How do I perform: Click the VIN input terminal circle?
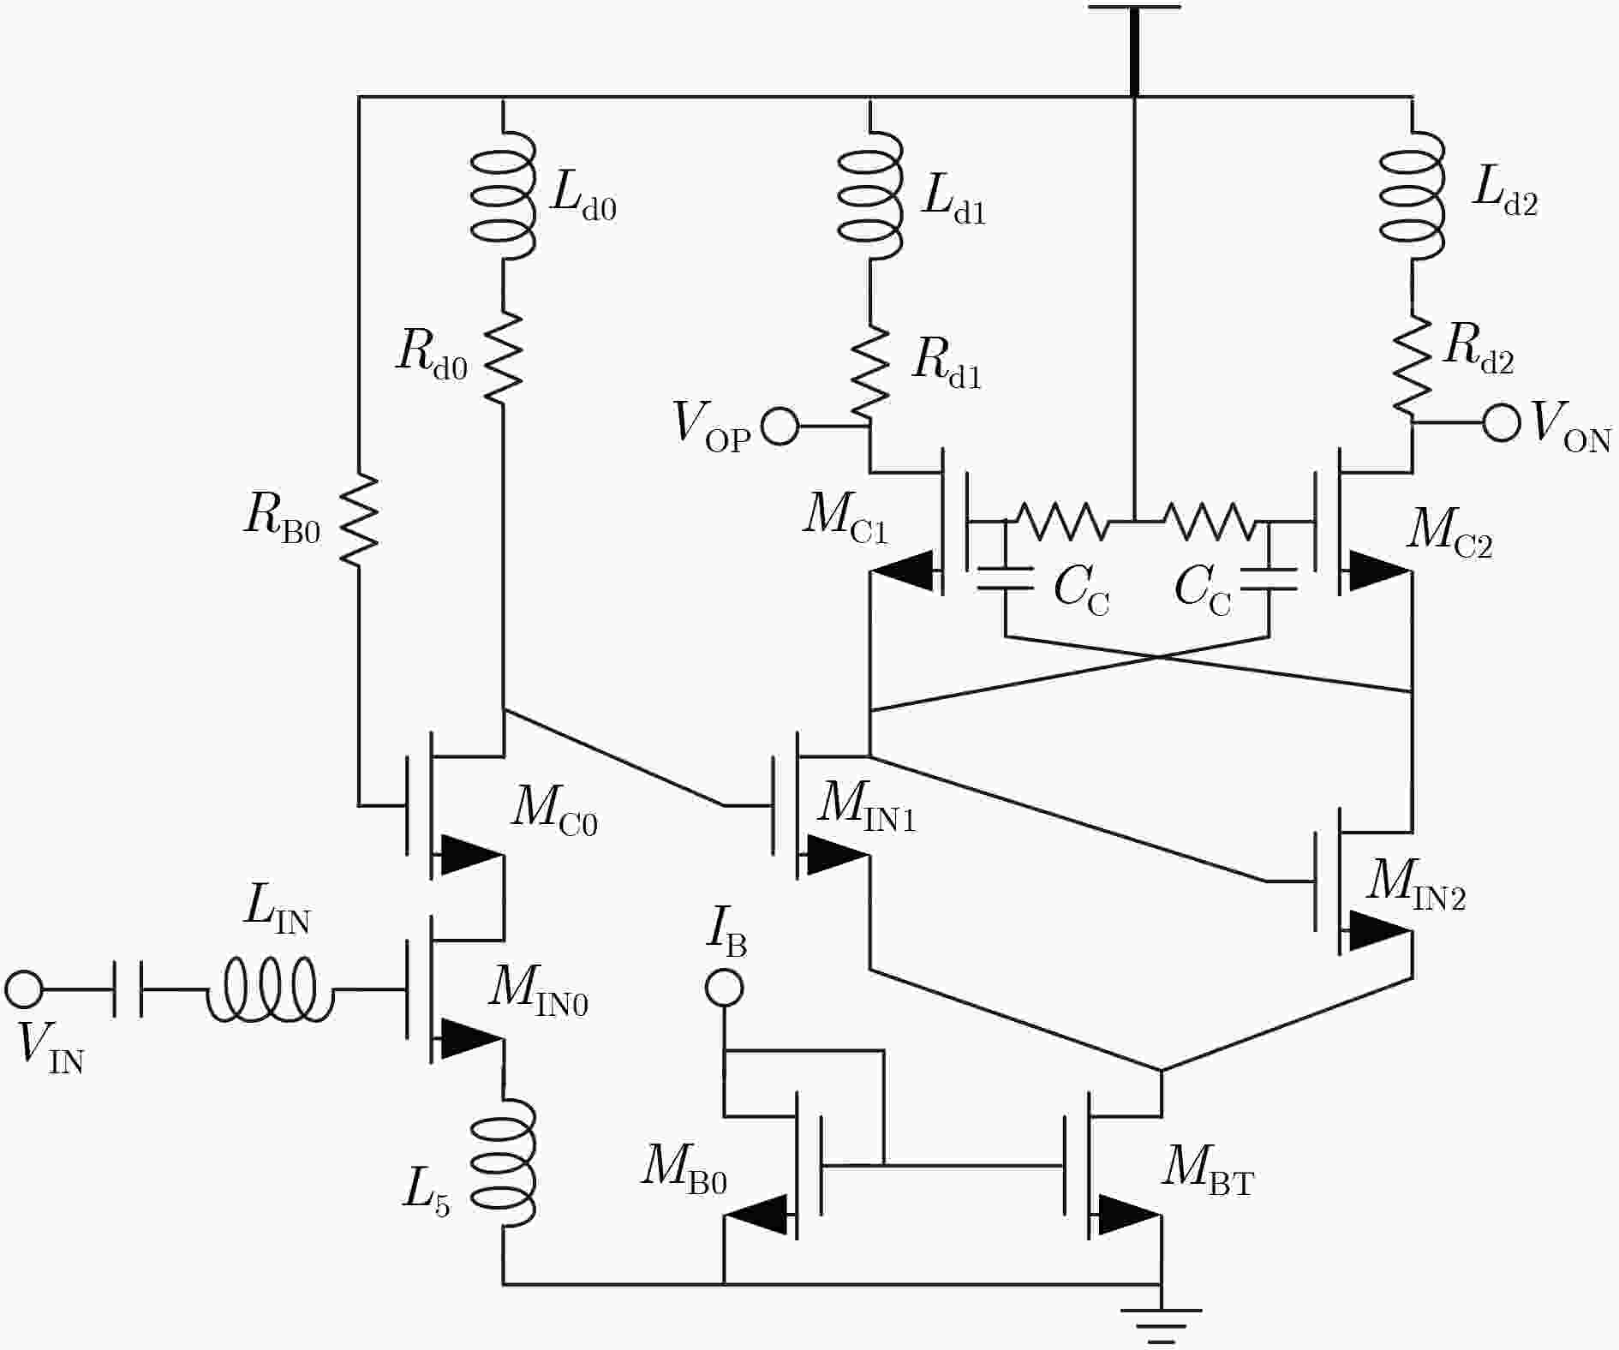[24, 989]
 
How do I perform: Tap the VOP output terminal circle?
[780, 426]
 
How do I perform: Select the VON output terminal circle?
[1502, 422]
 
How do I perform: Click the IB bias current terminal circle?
[724, 988]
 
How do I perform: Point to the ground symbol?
[1162, 1323]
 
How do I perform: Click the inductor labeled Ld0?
[505, 194]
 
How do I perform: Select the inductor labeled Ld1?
[870, 194]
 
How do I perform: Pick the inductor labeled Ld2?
[1413, 194]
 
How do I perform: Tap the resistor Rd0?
[503, 356]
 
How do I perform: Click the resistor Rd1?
[870, 372]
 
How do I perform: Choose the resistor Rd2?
[1412, 368]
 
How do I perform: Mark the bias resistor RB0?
[359, 518]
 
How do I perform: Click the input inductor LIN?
[269, 989]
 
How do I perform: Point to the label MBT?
[1208, 1168]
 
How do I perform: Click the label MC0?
[554, 809]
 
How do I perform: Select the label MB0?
[684, 1168]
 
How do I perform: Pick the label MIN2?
[1416, 884]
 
